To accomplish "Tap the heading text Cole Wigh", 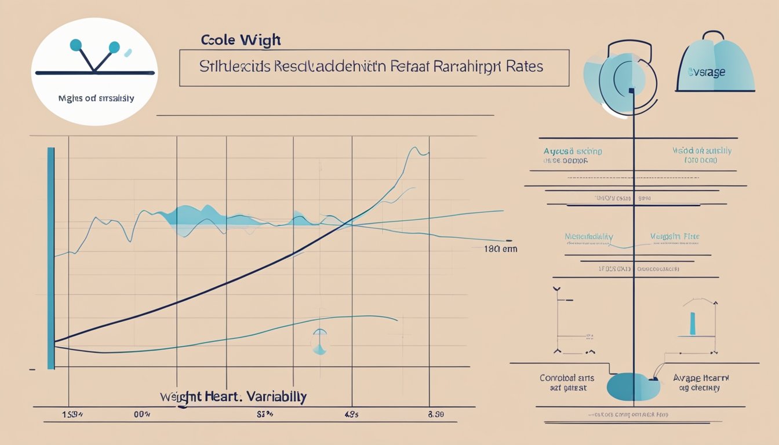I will [x=241, y=41].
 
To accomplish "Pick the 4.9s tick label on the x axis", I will [x=351, y=414].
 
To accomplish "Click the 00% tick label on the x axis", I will [x=142, y=414].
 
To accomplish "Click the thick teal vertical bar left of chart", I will [x=50, y=258].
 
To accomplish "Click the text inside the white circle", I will [x=96, y=99].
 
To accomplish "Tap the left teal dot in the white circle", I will [x=75, y=45].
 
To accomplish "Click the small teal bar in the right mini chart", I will [x=692, y=323].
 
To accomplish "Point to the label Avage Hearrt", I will [x=701, y=378].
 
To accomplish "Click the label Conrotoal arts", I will [x=568, y=378].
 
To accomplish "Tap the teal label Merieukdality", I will [x=589, y=237].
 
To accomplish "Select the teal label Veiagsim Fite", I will [x=675, y=236].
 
